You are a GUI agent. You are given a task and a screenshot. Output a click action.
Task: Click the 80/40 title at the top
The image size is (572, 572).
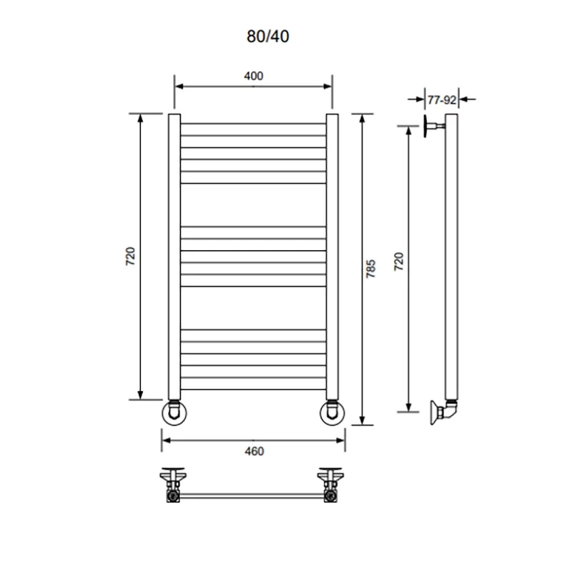tap(267, 36)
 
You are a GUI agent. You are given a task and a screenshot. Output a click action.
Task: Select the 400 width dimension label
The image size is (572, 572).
tap(254, 76)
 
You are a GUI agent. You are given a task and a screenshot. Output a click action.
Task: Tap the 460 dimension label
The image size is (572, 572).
tap(255, 451)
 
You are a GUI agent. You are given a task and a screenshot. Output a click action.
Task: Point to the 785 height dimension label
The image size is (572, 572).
tap(370, 269)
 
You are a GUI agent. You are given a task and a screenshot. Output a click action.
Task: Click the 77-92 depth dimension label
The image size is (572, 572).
tap(442, 99)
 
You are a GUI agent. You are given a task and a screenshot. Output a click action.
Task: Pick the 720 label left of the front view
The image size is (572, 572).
tap(130, 257)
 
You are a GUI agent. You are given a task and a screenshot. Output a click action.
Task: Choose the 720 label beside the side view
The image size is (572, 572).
tap(399, 261)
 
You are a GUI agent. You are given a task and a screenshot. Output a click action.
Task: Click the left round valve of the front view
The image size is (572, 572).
tap(174, 413)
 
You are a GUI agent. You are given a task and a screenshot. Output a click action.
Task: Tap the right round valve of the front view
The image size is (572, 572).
tap(332, 413)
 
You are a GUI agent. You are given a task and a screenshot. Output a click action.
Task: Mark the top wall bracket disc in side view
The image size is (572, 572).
tap(425, 127)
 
